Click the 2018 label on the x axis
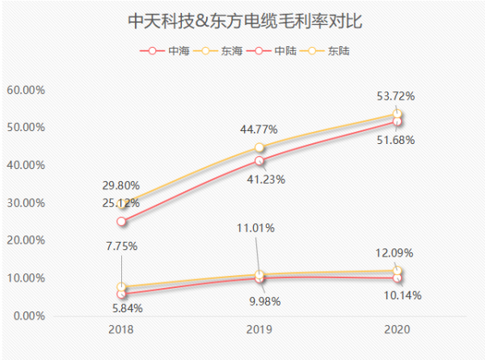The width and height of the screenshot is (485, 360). click(121, 330)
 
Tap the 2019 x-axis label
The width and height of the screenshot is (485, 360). click(259, 330)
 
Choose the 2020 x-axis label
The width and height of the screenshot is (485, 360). click(397, 330)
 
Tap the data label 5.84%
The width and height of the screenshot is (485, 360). click(121, 308)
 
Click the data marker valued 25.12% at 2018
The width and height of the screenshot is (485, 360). click(121, 221)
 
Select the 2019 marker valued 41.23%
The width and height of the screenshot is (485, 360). click(259, 160)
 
